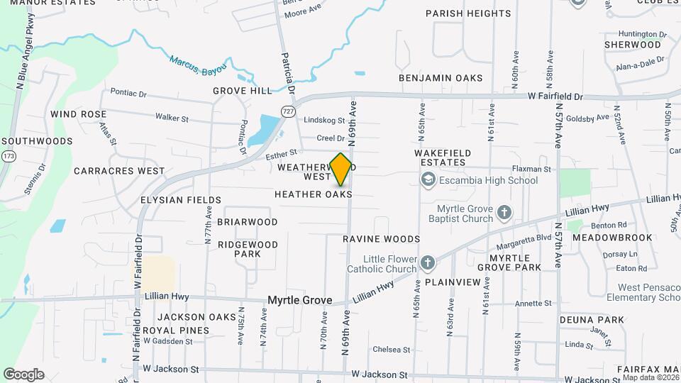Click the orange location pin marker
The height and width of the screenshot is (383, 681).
coord(340,170)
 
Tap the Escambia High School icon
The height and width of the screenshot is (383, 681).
coord(428,180)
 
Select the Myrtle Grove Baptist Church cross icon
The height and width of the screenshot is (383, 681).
coord(504,212)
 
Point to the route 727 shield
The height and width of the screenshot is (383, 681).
coord(287,111)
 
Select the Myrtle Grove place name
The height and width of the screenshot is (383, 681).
coord(299,301)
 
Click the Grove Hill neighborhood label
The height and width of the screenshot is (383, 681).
coord(242,91)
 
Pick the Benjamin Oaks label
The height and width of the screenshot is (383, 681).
coord(441,78)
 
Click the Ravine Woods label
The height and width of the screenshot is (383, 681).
coord(382,239)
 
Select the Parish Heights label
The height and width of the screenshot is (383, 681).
coord(467,13)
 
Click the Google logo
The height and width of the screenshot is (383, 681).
coord(23,374)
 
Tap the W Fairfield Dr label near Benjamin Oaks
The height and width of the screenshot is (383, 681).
coord(555,96)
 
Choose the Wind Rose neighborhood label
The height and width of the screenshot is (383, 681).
coord(79,114)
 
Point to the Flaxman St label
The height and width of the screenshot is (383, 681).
coord(533,170)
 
